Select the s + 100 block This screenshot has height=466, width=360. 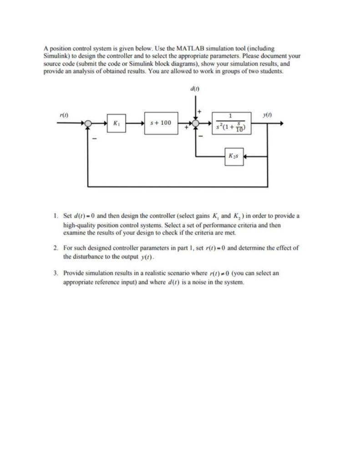pos(161,123)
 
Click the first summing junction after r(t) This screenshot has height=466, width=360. pos(88,123)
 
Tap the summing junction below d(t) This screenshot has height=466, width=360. pos(196,123)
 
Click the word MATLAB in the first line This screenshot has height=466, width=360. pos(180,48)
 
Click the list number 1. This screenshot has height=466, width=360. pos(55,215)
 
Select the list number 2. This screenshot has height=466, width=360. pos(55,248)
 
